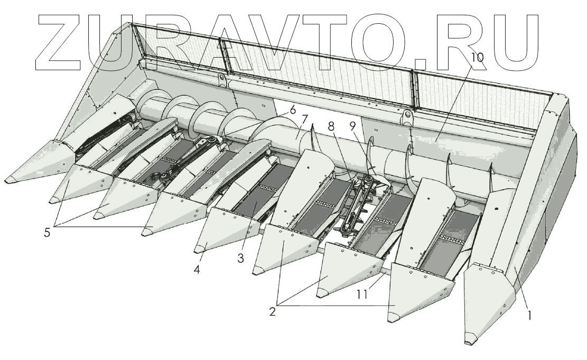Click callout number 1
point(529,316)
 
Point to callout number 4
point(197,269)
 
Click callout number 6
point(292,111)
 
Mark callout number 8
point(331,127)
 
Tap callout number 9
point(352,127)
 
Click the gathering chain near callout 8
point(359,204)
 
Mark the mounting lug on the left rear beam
point(220,80)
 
